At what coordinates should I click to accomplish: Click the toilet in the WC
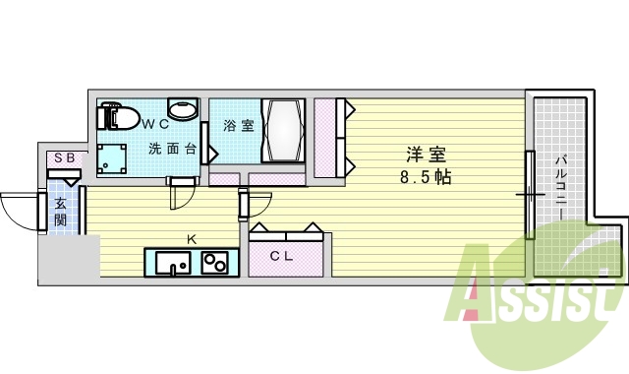[x=117, y=116]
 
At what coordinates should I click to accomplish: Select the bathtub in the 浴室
[x=283, y=131]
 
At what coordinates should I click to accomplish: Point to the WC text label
[x=154, y=124]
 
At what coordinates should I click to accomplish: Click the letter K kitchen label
[x=193, y=238]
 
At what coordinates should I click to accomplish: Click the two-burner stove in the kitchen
[x=214, y=263]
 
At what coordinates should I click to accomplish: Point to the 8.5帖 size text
[x=425, y=178]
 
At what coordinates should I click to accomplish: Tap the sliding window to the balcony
[x=529, y=195]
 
